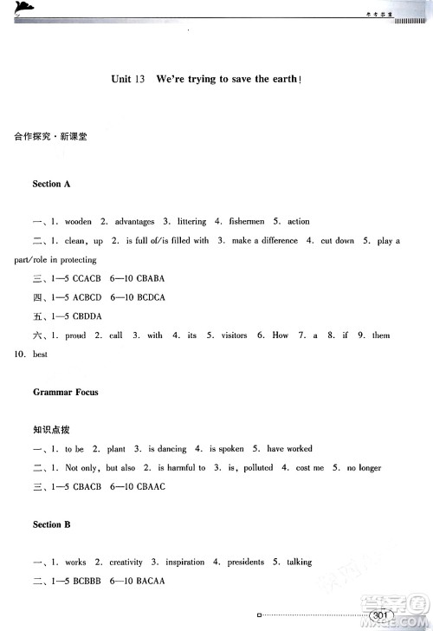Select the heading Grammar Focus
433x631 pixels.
(65, 392)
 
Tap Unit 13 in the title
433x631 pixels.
(127, 79)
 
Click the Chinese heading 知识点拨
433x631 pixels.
(48, 430)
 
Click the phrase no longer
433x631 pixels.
(364, 468)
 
